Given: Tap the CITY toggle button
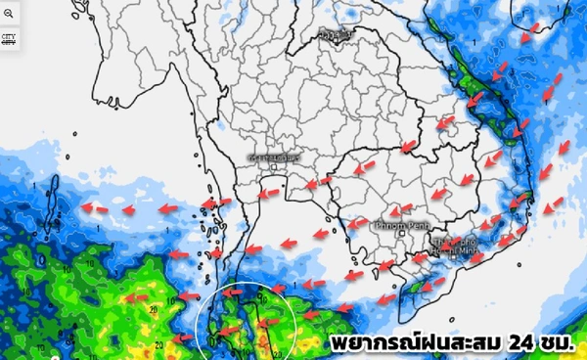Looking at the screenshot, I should pyautogui.click(x=9, y=40).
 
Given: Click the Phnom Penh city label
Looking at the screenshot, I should pyautogui.click(x=387, y=223).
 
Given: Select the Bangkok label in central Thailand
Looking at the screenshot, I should pyautogui.click(x=275, y=157).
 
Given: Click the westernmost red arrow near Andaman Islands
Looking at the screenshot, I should pyautogui.click(x=93, y=207).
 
